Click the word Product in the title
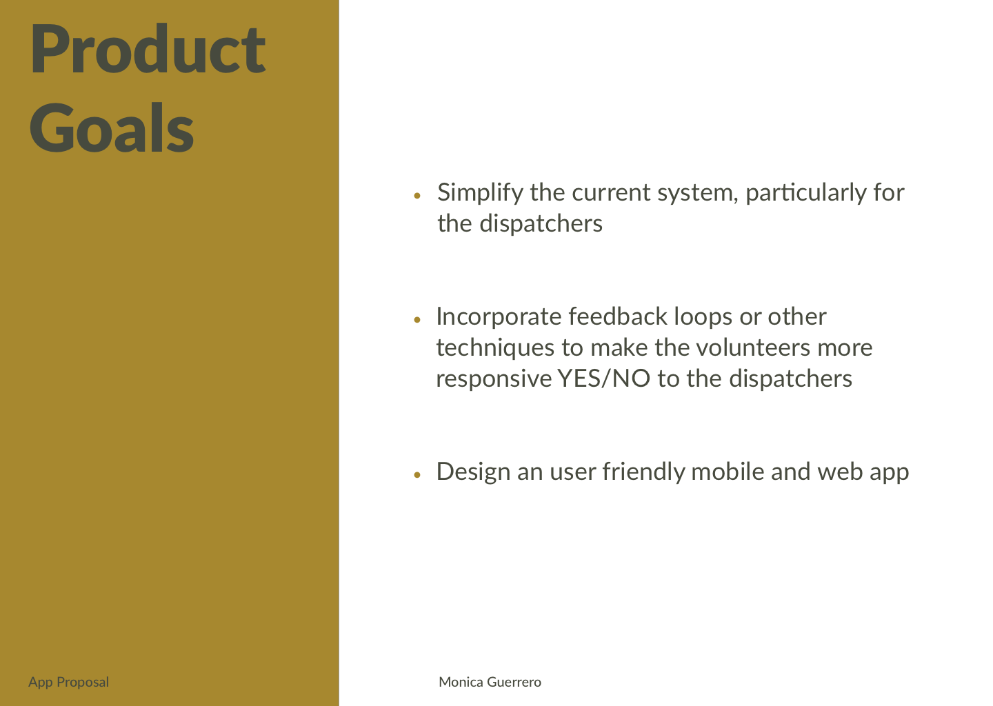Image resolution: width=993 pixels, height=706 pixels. [148, 48]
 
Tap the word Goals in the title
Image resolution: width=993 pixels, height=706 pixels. [112, 128]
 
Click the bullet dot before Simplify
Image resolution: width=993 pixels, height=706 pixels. [417, 195]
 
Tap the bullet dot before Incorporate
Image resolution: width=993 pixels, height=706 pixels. [417, 319]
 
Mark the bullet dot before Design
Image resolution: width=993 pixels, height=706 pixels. [417, 475]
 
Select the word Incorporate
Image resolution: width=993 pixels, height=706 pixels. [499, 317]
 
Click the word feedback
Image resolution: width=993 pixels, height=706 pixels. [618, 316]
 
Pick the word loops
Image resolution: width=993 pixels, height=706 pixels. [703, 317]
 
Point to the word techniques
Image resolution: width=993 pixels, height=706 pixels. [495, 348]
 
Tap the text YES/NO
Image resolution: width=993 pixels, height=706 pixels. [604, 379]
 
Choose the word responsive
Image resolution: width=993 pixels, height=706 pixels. [494, 380]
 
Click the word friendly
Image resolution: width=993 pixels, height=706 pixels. [643, 472]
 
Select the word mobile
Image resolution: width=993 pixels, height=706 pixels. [728, 472]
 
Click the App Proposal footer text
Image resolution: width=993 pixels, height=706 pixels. [69, 682]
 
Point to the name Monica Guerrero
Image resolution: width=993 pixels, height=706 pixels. [490, 682]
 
